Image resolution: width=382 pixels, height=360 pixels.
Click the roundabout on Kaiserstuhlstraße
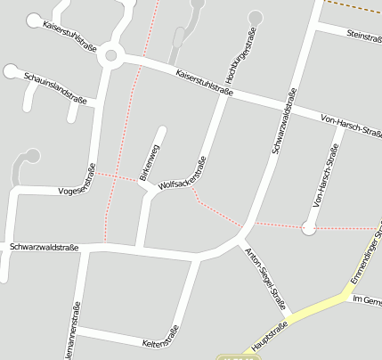[x=110, y=55]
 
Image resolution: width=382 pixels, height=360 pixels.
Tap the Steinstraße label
[x=363, y=36]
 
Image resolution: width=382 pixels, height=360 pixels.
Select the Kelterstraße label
[x=160, y=336]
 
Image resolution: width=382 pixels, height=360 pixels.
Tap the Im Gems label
[x=367, y=302]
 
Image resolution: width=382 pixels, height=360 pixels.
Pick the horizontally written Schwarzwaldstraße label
[x=44, y=247]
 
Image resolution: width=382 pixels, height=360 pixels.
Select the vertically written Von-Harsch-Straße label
[x=327, y=176]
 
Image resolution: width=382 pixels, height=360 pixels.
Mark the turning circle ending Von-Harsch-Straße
[x=309, y=228]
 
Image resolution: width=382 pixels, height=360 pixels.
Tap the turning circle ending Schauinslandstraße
[x=10, y=71]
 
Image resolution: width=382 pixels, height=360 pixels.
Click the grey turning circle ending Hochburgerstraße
[x=256, y=16]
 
